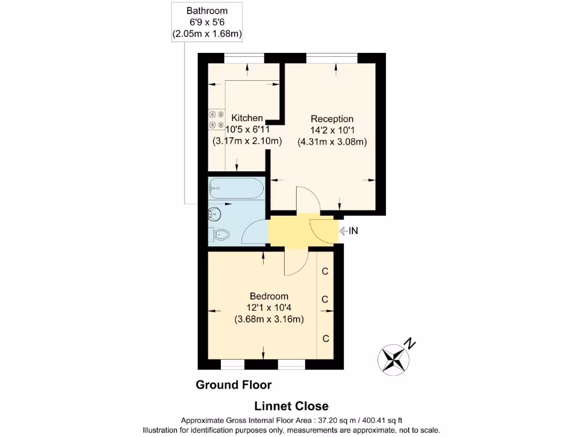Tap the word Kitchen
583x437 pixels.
tap(247, 118)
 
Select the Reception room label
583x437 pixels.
tap(332, 119)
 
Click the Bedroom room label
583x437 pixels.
tap(269, 296)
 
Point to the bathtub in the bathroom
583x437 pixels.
tap(236, 187)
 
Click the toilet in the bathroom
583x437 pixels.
tap(221, 234)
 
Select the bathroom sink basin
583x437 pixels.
tap(215, 214)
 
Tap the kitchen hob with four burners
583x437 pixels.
tap(216, 119)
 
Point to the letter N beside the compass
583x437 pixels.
tap(409, 344)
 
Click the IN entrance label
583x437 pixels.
tap(353, 231)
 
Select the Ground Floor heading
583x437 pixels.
tap(233, 385)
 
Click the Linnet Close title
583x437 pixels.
tap(291, 406)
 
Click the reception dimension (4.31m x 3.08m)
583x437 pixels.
tap(332, 142)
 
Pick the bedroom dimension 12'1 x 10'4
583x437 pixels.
tap(269, 308)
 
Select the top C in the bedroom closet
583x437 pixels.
tap(325, 271)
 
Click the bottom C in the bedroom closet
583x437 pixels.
tap(326, 339)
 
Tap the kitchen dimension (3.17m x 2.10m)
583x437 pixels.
tap(247, 141)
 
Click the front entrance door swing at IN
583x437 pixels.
tap(323, 230)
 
